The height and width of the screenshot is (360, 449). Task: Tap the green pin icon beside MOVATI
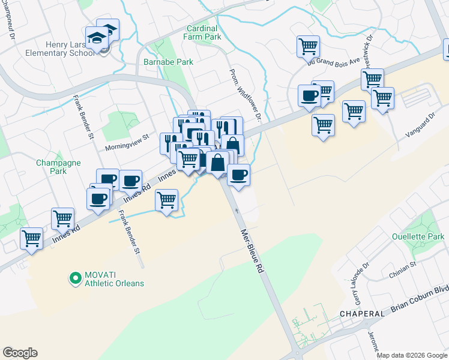pos(75,278)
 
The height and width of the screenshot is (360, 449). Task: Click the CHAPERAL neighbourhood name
pos(362,314)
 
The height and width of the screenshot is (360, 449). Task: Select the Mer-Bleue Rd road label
pos(252,251)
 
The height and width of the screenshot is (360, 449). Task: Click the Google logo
pos(20,353)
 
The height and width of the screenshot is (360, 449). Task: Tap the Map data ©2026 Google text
pos(411,355)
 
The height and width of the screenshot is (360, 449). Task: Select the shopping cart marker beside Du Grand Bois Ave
pos(308,46)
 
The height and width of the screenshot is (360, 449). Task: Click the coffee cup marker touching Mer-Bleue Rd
pos(238,175)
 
